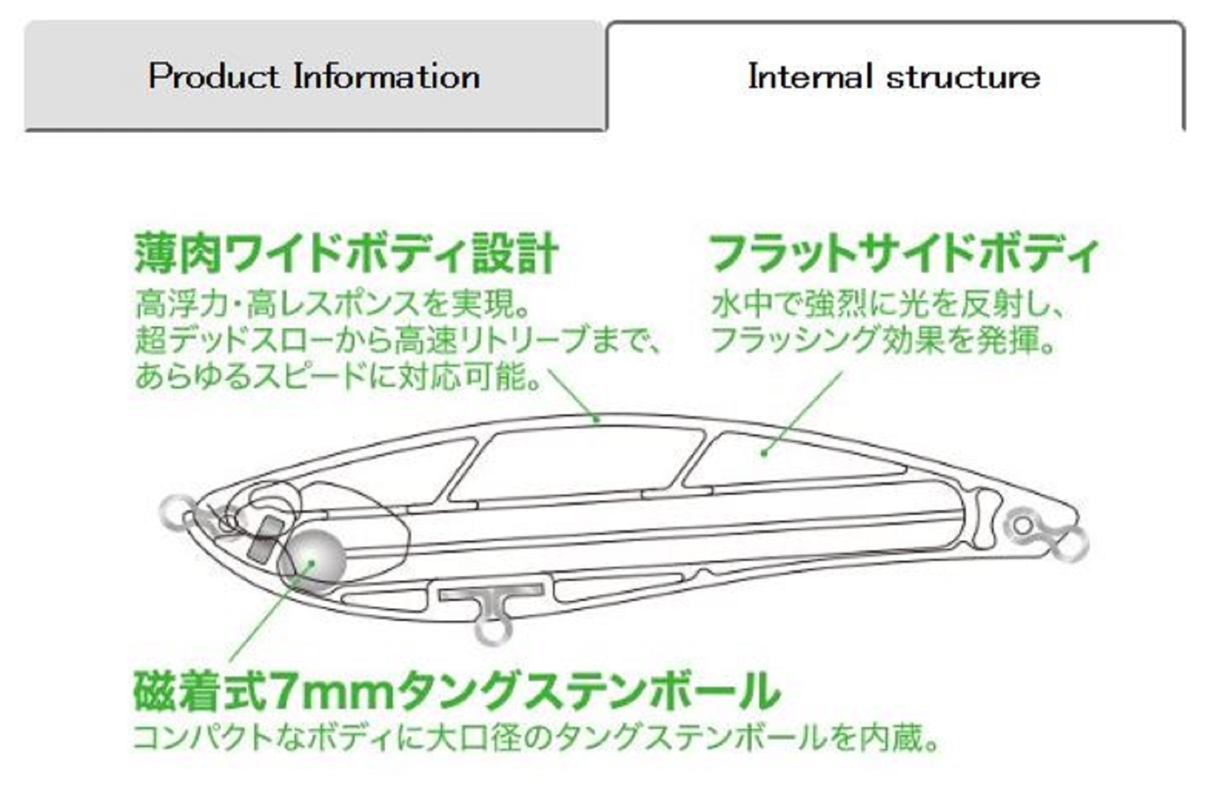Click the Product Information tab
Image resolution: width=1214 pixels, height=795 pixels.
click(314, 76)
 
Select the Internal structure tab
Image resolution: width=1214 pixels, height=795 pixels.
click(894, 76)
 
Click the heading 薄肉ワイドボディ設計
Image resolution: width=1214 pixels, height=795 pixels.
click(345, 254)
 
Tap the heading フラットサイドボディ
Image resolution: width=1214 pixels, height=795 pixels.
click(904, 254)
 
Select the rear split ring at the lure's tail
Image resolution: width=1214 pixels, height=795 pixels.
click(1071, 544)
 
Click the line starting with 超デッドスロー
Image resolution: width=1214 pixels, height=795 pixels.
click(398, 340)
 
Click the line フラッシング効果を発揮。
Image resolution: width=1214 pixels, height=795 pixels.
click(883, 340)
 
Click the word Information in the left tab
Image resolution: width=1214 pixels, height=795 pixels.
click(387, 76)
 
